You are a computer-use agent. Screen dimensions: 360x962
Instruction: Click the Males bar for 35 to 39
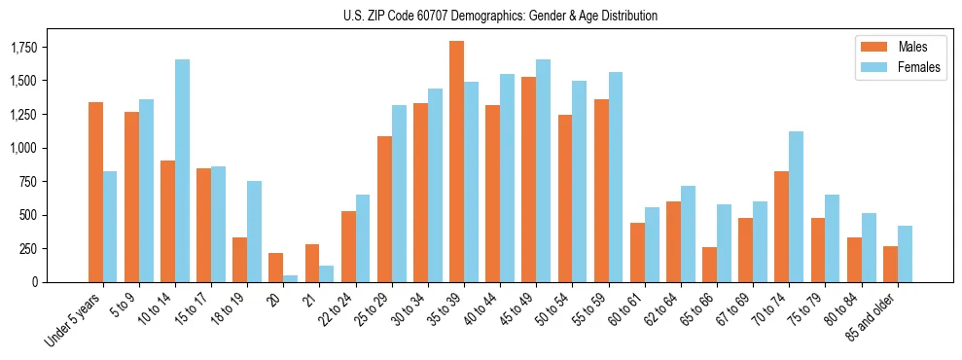pos(456,162)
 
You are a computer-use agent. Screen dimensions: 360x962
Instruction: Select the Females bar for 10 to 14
pos(183,170)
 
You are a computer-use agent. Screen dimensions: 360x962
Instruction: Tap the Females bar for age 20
pos(291,278)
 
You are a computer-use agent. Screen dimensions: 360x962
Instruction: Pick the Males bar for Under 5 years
pos(95,192)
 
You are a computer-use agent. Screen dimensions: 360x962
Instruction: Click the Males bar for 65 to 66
pos(709,265)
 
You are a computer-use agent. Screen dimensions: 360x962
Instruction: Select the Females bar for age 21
pos(327,273)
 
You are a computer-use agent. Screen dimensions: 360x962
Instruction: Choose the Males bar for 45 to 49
pos(528,179)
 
